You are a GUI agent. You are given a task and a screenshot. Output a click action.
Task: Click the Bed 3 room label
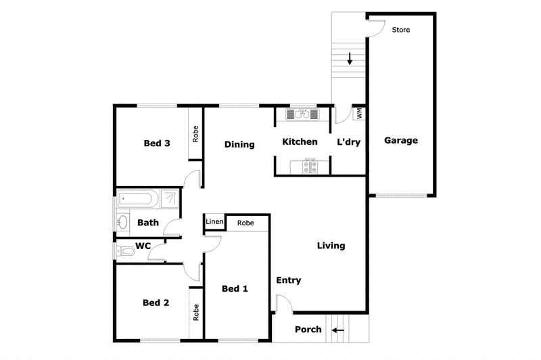[x=156, y=143]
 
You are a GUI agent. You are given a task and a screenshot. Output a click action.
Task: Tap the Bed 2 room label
[x=156, y=302]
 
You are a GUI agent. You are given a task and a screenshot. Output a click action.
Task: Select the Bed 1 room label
[x=235, y=289]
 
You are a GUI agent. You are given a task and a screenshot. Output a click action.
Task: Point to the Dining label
[x=239, y=144]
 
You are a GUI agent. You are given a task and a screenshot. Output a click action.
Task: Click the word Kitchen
[x=300, y=141]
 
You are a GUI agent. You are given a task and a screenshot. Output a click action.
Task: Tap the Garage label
[x=401, y=141]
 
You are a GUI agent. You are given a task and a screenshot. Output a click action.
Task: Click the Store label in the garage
[x=401, y=30]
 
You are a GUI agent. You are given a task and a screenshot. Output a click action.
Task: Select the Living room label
[x=331, y=246]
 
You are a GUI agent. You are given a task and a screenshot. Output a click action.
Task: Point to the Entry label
[x=289, y=280]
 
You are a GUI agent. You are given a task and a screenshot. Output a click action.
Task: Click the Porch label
[x=308, y=330]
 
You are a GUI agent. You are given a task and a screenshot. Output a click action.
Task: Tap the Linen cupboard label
[x=214, y=222]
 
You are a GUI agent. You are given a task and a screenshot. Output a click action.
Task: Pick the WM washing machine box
[x=359, y=113]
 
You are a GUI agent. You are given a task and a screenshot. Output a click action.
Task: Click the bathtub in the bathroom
[x=138, y=200]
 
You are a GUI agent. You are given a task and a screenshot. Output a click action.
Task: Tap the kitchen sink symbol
[x=302, y=114]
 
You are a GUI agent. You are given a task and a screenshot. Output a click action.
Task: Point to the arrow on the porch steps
[x=337, y=331]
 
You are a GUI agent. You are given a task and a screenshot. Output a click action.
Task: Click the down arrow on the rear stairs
[x=350, y=58]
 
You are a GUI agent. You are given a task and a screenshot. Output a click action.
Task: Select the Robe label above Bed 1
[x=245, y=222]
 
